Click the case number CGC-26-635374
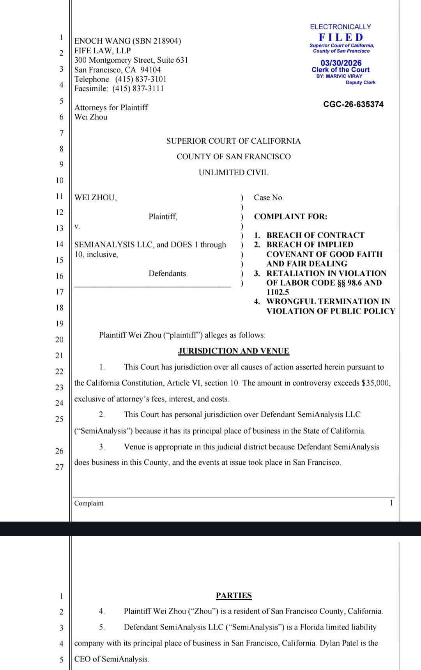(353, 104)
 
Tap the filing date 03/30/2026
(341, 63)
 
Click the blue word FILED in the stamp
(341, 37)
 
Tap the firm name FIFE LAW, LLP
(103, 51)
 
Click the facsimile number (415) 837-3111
(138, 88)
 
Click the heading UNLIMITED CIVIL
(233, 173)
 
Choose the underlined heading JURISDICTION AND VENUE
(233, 351)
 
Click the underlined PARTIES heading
(233, 596)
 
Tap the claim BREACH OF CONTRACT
(315, 235)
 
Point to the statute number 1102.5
(278, 292)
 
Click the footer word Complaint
(89, 503)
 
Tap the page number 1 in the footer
(391, 503)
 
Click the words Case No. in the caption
(269, 197)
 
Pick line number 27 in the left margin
(59, 467)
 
